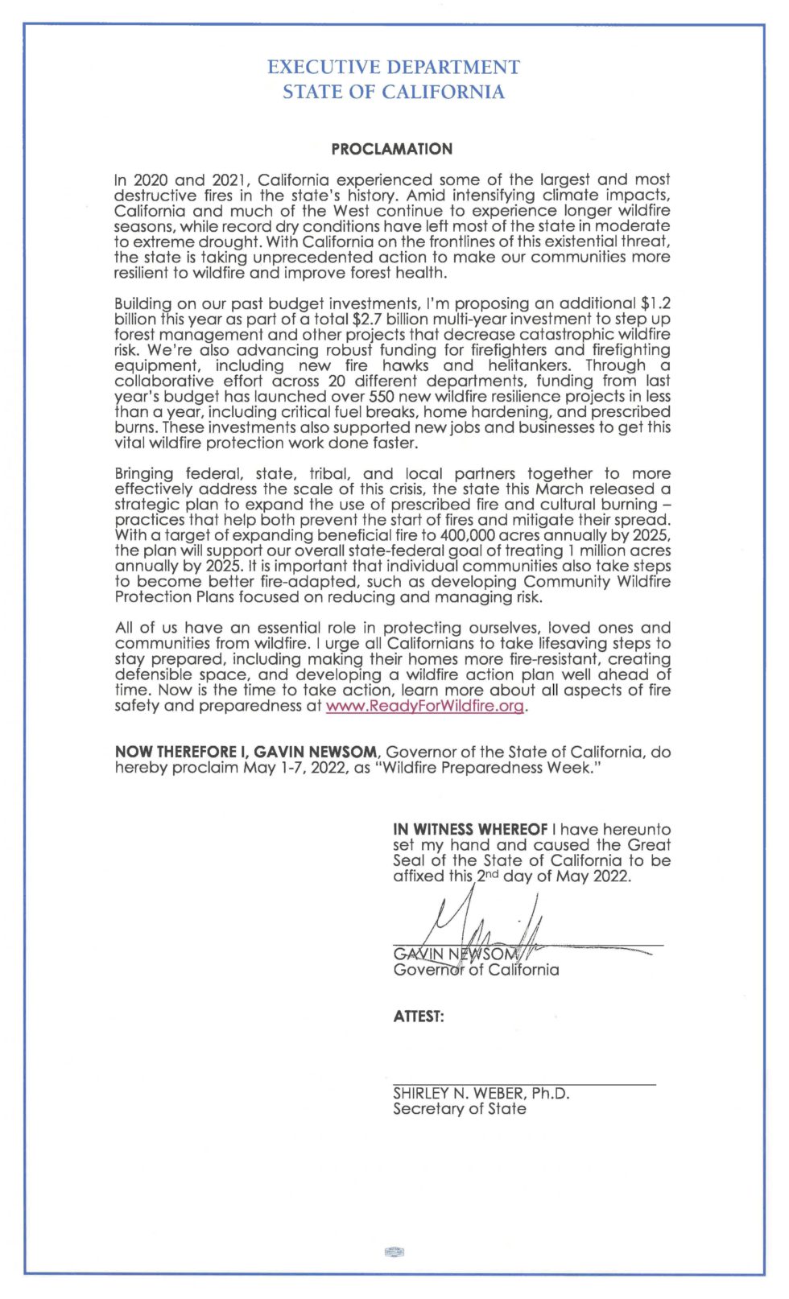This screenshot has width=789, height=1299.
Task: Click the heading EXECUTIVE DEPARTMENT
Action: [393, 67]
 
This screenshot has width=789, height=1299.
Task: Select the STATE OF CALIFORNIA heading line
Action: [393, 93]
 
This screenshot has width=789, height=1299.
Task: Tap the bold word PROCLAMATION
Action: [392, 149]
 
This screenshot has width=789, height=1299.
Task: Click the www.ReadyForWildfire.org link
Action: [425, 706]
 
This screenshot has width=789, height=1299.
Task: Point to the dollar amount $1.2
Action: [655, 303]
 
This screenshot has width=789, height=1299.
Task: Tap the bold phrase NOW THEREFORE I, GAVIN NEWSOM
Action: [246, 752]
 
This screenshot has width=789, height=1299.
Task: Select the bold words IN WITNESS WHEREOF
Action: [470, 829]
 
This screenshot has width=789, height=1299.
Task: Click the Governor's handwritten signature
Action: [483, 934]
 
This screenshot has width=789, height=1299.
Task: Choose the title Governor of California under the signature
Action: [476, 970]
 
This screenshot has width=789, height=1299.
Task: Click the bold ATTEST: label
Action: [419, 1017]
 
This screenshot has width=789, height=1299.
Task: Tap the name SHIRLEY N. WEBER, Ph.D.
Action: [481, 1093]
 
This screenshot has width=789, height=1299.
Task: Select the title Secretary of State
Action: [460, 1109]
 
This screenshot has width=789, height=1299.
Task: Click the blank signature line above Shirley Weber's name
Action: [524, 1084]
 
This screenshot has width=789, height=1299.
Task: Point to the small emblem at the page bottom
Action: [394, 1252]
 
